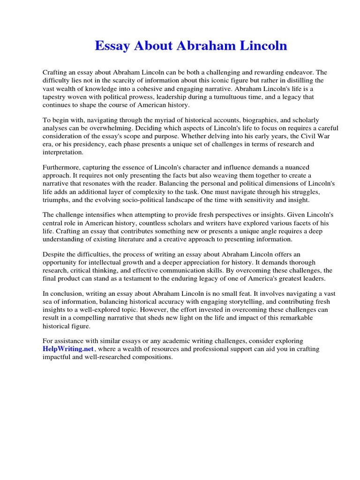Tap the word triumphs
coord(56,199)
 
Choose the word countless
coord(156,223)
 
